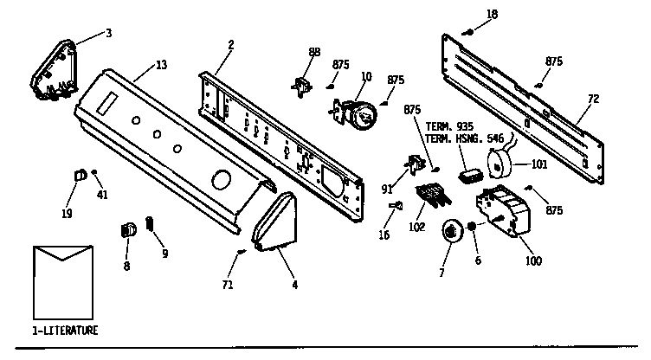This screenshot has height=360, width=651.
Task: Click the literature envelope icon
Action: [62, 282]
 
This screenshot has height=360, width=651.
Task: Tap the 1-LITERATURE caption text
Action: [66, 331]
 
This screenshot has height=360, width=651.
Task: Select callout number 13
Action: [162, 65]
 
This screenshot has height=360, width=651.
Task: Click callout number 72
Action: [593, 99]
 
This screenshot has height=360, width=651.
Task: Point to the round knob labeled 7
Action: [451, 231]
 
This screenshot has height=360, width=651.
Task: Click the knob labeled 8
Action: [127, 230]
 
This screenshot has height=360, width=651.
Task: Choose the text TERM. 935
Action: [444, 126]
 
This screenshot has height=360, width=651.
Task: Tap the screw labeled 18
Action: [467, 31]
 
